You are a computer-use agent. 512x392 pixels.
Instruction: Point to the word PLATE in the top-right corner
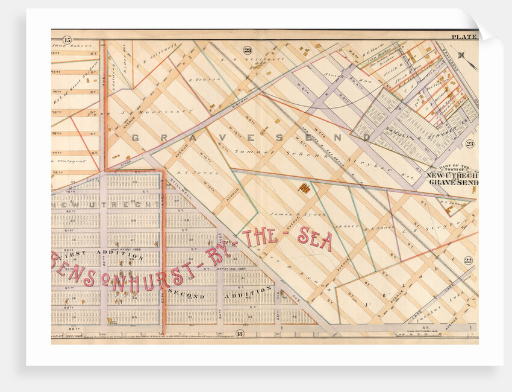pos(463,37)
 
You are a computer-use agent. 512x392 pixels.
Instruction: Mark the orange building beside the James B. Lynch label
pos(305,189)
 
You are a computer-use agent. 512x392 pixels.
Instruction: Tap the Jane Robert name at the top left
pos(72,45)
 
